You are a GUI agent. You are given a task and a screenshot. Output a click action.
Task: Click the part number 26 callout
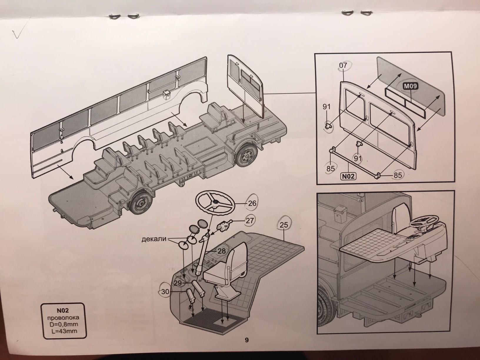click(x=252, y=203)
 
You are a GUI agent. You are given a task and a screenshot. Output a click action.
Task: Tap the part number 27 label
click(x=249, y=220)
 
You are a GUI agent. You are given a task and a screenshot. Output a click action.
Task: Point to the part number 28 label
click(x=221, y=251)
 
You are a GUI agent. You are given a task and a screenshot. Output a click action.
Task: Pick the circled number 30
click(x=165, y=292)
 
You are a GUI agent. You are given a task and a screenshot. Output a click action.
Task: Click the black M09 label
click(x=410, y=86)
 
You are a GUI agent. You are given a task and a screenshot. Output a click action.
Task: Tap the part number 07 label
click(x=343, y=65)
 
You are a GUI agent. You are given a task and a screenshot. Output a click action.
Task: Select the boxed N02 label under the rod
click(x=348, y=176)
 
